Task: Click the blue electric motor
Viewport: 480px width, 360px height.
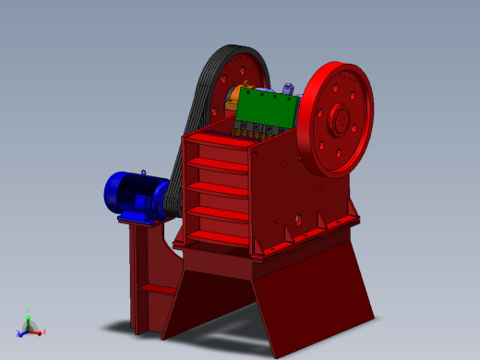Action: pos(134,194)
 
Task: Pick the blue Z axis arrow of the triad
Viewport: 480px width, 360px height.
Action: pos(20,333)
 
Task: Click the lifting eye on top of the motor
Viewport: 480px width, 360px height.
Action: pos(144,173)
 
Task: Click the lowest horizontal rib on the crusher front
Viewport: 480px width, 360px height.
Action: pos(218,238)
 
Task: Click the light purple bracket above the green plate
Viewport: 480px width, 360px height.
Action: pos(288,90)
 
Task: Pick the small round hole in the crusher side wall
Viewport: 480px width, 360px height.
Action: pos(298,219)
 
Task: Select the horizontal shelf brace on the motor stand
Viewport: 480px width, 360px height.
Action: pos(157,289)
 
